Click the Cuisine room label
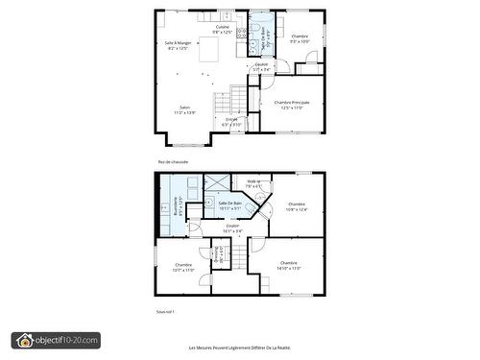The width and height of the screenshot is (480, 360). [223, 27]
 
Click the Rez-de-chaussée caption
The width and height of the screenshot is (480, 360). [173, 162]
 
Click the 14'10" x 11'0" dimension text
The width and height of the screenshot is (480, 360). [289, 268]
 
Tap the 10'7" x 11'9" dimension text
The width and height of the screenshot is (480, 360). [183, 270]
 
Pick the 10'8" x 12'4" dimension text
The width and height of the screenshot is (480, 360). [297, 209]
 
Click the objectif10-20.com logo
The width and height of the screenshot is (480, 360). [56, 340]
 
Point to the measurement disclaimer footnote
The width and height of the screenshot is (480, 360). [239, 348]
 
